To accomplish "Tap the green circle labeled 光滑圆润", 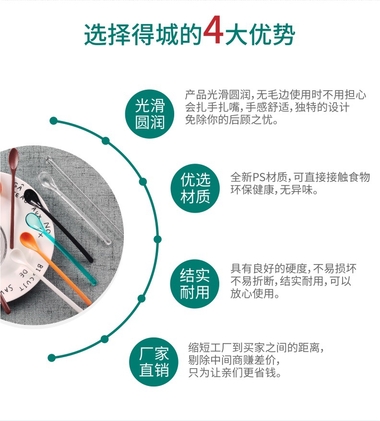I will coord(150,114).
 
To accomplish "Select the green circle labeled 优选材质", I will coord(195,188).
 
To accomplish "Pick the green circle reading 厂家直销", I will coord(154,362).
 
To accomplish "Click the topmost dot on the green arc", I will coord(54,120).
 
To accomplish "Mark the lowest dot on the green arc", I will coord(52,358).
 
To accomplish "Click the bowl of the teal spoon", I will coord(32,220).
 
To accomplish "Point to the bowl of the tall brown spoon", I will coord(14,156).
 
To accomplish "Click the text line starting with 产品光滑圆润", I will coord(276,95).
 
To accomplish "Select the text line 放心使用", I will coord(255,293).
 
